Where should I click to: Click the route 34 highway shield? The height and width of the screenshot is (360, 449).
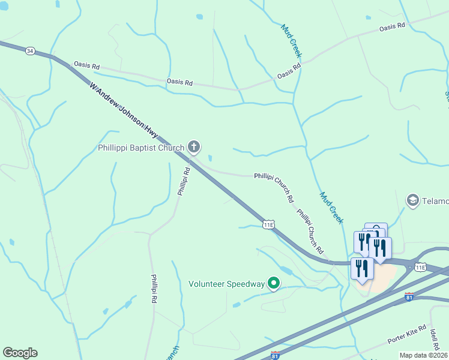(x=30, y=52)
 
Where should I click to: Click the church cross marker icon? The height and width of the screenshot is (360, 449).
(x=194, y=146)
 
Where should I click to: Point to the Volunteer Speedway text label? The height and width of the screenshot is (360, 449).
(x=226, y=284)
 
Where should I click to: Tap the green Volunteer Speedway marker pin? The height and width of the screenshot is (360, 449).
(x=274, y=283)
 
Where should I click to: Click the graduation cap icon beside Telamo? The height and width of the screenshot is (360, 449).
(x=412, y=200)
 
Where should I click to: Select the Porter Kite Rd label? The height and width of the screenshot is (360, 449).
(x=406, y=335)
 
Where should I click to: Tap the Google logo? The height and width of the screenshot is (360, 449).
(x=20, y=353)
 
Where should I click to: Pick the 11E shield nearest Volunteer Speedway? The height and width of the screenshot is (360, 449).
(x=268, y=224)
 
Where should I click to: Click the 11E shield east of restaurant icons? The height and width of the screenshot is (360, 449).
(x=420, y=266)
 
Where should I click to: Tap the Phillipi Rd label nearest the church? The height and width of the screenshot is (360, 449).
(x=184, y=181)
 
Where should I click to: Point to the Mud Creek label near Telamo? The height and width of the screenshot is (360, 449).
(x=331, y=208)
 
